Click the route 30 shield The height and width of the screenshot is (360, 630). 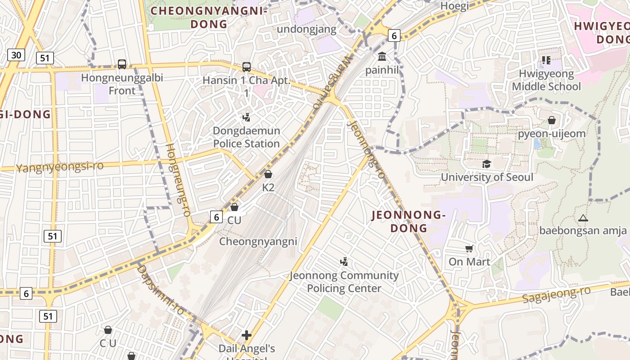(x=16, y=55)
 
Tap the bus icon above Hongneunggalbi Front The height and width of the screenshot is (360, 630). (x=121, y=64)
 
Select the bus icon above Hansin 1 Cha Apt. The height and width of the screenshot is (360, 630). (x=246, y=67)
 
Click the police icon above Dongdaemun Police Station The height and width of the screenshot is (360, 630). (x=246, y=117)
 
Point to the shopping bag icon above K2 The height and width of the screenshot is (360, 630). (x=268, y=174)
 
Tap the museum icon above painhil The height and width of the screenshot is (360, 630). (x=382, y=57)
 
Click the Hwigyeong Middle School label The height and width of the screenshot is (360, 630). (x=546, y=80)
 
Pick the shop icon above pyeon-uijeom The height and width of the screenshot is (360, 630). (x=552, y=120)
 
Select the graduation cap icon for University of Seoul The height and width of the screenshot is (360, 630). (x=486, y=164)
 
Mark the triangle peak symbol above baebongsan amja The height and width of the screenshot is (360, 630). (x=583, y=218)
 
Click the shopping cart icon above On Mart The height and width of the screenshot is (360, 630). (x=469, y=248)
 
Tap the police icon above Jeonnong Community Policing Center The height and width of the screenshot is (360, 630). (x=344, y=261)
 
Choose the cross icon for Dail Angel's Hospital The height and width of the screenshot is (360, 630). (x=247, y=335)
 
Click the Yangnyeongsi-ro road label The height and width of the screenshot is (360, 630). (x=60, y=166)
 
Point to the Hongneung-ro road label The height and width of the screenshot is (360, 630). (x=179, y=180)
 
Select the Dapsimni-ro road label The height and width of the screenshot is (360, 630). (x=161, y=289)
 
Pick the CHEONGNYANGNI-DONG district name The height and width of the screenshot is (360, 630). (x=209, y=17)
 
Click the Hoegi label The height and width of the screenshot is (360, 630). (x=454, y=6)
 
